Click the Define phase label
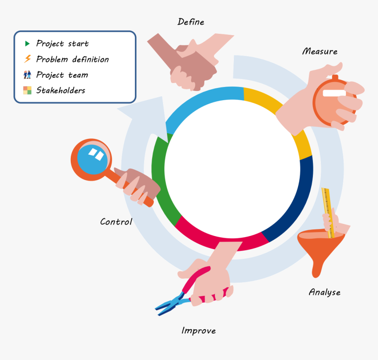point(191,22)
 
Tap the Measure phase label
point(320,51)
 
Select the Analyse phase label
point(324,292)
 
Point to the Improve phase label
point(199,331)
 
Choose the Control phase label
point(116,222)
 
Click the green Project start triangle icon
point(27,44)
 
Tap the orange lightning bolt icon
point(28,59)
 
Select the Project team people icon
point(27,75)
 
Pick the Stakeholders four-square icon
point(27,90)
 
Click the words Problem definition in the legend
point(73,59)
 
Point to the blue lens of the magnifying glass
point(92,159)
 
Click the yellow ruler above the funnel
point(328,213)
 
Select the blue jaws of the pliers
point(170,304)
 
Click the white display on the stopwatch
point(334,93)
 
